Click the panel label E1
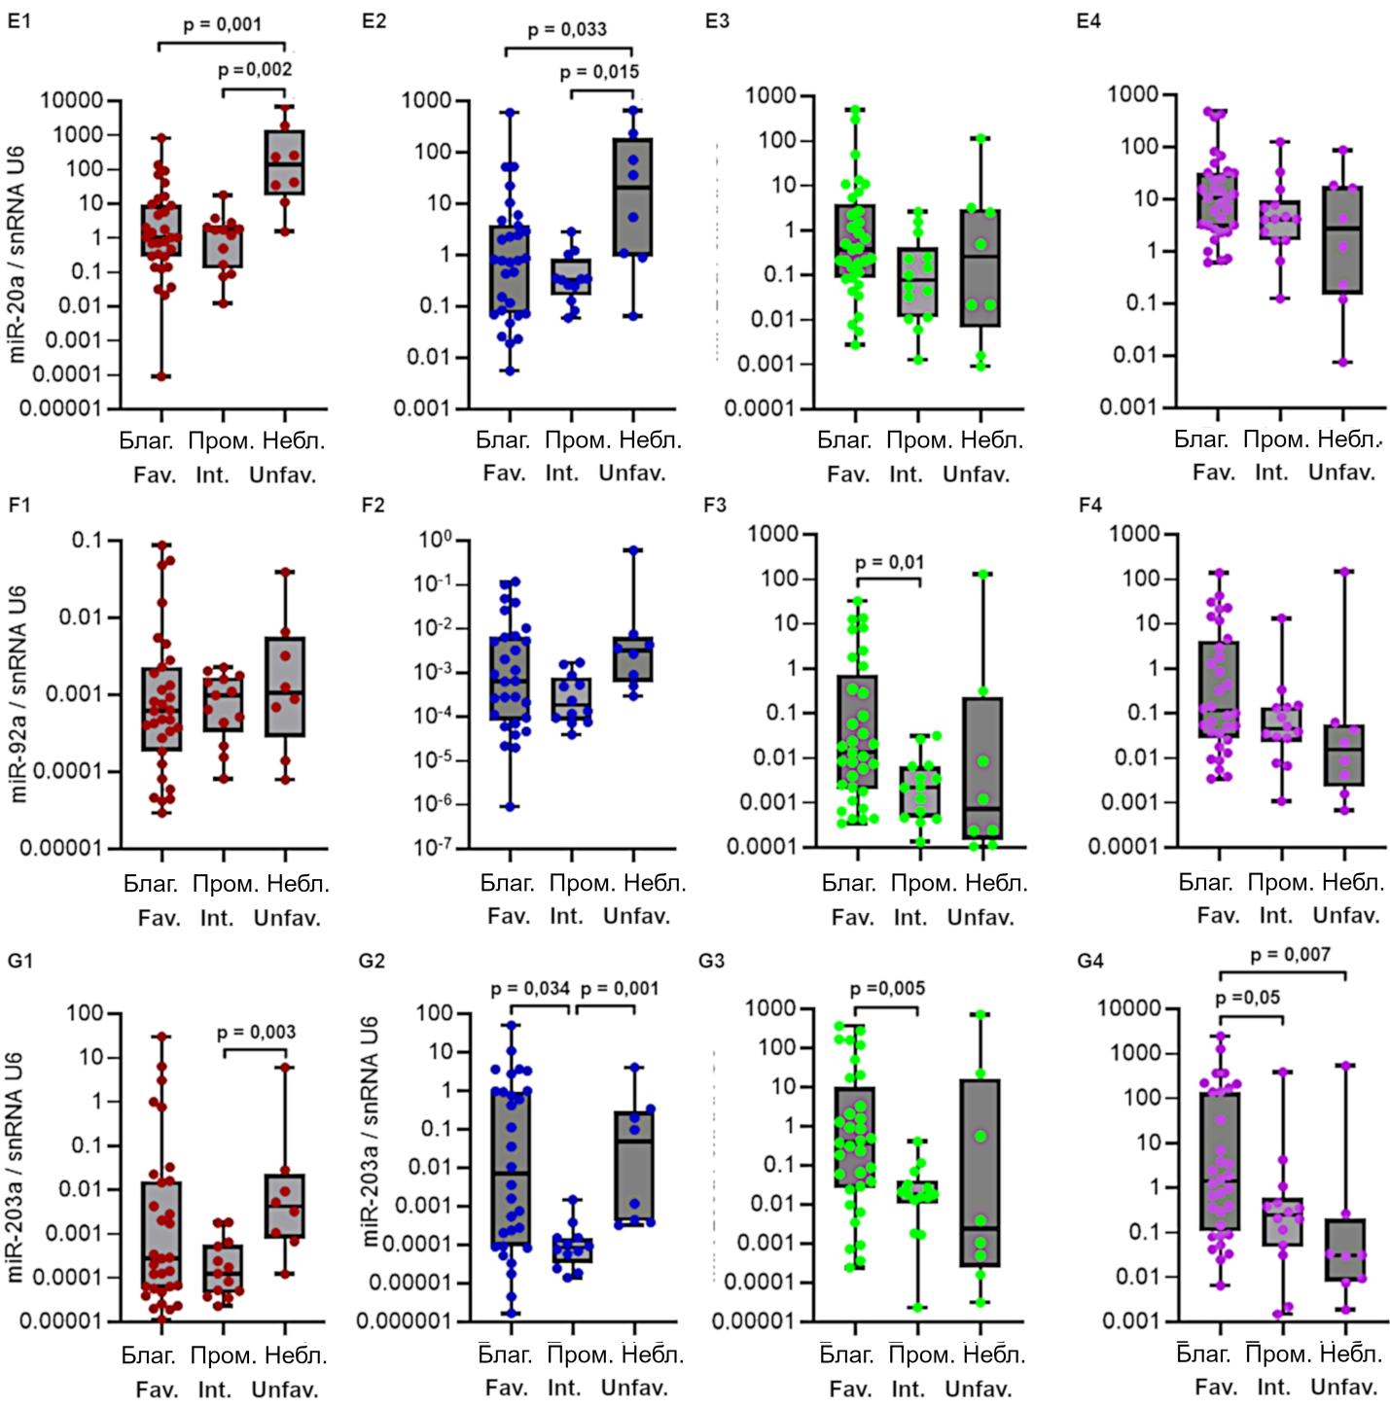(19, 19)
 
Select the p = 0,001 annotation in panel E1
(222, 24)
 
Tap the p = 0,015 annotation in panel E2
(599, 72)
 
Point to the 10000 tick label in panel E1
(71, 100)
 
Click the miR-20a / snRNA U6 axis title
(17, 255)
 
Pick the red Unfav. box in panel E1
(285, 162)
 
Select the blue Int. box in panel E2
(571, 276)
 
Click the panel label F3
(715, 505)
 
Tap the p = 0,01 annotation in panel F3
(889, 563)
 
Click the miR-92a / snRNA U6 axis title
(18, 693)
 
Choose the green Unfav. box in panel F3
(982, 768)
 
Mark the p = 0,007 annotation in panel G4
(1290, 955)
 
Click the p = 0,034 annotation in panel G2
(530, 989)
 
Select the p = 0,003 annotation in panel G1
(256, 1032)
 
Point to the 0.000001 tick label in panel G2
(404, 1320)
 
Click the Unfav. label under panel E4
(1341, 473)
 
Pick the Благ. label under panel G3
(845, 1354)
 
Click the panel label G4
(1090, 961)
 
